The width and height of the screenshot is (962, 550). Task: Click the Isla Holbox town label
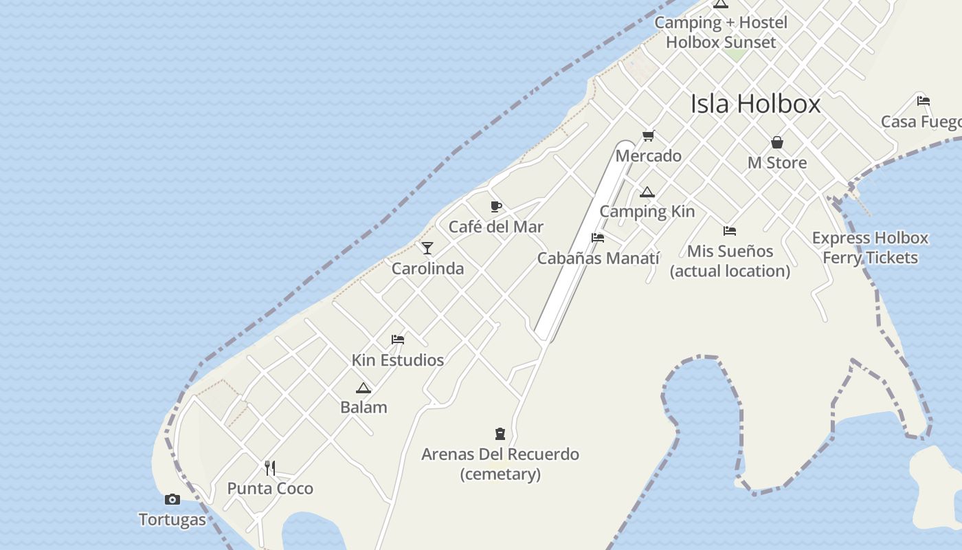(x=755, y=104)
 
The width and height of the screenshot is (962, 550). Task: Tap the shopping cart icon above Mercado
(x=648, y=135)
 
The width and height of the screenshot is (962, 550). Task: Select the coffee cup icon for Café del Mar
(x=496, y=206)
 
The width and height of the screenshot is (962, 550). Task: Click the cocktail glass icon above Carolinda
(x=427, y=248)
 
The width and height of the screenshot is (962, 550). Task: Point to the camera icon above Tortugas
(x=172, y=499)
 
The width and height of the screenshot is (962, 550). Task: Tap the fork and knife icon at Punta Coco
(x=270, y=468)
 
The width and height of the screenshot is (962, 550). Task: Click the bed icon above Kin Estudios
(x=398, y=339)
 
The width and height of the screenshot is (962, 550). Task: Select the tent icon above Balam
(x=363, y=388)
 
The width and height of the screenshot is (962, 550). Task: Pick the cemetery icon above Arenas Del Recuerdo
(x=500, y=434)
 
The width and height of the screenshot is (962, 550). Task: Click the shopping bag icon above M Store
(x=777, y=142)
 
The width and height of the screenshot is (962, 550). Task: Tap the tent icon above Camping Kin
(x=647, y=192)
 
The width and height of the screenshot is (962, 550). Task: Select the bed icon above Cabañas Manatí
(x=598, y=238)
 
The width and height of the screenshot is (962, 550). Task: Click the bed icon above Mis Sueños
(x=730, y=231)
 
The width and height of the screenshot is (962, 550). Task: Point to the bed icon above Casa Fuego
(x=924, y=100)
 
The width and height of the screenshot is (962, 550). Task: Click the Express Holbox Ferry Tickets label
(x=870, y=247)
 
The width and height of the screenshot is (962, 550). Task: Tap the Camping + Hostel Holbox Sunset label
(x=721, y=32)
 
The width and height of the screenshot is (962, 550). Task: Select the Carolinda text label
(x=427, y=269)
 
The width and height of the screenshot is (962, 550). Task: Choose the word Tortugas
(x=172, y=520)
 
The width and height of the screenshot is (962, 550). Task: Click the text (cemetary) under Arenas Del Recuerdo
(x=500, y=474)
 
